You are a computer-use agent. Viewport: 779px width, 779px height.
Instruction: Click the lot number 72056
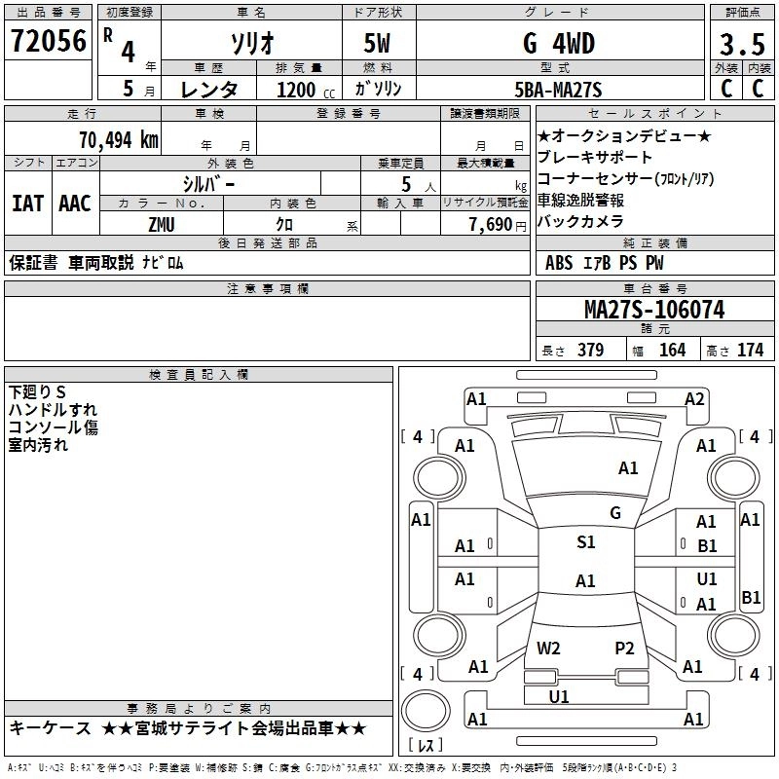tap(49, 41)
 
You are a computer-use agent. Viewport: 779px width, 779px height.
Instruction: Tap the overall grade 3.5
tap(742, 45)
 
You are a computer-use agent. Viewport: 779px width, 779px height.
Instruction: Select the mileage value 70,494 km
tap(119, 140)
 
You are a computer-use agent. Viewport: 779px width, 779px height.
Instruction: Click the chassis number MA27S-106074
tap(654, 310)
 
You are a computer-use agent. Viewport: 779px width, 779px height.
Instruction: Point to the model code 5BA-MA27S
tap(558, 90)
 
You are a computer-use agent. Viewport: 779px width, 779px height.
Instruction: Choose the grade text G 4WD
tap(559, 44)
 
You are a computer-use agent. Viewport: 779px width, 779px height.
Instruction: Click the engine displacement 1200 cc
tap(306, 90)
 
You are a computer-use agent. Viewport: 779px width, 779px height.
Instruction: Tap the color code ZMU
tap(162, 225)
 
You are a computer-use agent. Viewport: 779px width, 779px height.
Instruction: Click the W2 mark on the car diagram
tap(548, 649)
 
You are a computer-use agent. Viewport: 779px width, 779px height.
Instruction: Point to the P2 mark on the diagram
tap(624, 649)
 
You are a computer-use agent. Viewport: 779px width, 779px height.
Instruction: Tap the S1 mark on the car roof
tap(586, 542)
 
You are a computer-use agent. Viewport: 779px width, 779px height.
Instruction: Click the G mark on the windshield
tap(615, 513)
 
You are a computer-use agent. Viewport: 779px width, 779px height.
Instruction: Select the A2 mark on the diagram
tap(694, 399)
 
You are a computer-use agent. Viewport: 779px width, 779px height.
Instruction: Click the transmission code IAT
tap(28, 204)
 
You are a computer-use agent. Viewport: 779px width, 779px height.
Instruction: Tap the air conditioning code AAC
tap(75, 204)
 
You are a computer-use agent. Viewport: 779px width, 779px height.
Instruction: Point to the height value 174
tap(750, 351)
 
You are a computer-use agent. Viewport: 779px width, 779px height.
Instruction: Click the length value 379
tap(591, 351)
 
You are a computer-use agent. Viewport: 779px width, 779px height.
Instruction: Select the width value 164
tap(672, 351)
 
